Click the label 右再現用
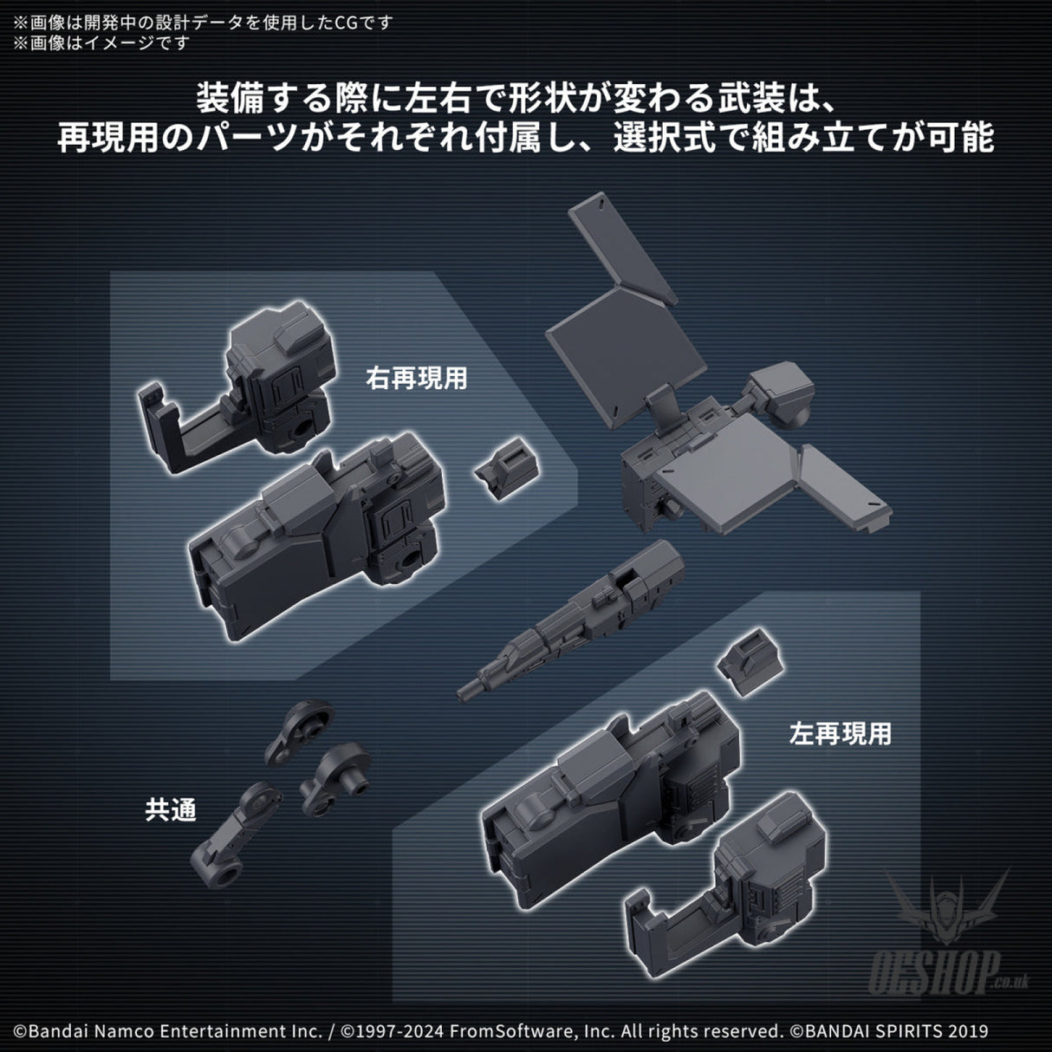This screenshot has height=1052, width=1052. point(417,378)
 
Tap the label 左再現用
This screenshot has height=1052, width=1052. point(841,733)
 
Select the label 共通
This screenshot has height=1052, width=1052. point(171,809)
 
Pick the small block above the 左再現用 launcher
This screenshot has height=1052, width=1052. point(750,661)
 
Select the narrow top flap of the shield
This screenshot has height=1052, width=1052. point(622,249)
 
